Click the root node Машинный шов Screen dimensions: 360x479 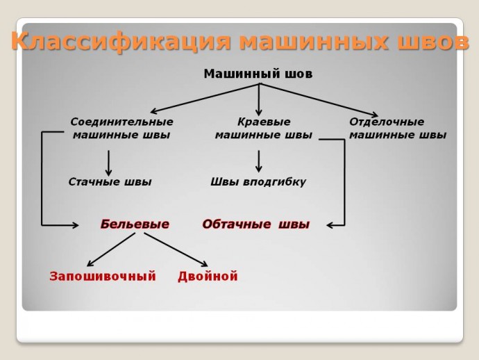(x=258, y=73)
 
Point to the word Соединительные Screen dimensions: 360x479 (x=121, y=122)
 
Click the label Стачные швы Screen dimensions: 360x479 (x=110, y=182)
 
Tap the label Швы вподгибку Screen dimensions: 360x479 (x=258, y=182)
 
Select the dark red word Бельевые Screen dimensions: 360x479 (x=135, y=224)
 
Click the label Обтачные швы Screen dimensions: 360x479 (x=255, y=224)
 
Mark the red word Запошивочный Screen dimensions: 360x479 (x=103, y=277)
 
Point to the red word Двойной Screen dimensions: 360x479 (x=208, y=277)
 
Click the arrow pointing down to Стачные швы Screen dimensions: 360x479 (x=109, y=163)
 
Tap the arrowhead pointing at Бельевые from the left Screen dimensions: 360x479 (x=75, y=224)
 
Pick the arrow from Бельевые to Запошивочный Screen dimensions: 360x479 (x=111, y=249)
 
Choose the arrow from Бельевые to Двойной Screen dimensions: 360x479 (x=176, y=249)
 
